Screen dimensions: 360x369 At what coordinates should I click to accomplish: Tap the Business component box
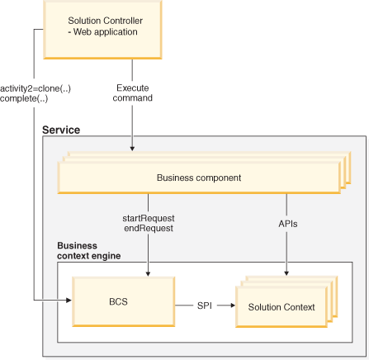tap(197, 178)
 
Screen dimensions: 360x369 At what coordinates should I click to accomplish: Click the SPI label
tap(203, 306)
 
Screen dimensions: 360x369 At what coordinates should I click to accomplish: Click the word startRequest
tap(149, 217)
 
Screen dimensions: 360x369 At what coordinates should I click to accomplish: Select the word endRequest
tap(149, 228)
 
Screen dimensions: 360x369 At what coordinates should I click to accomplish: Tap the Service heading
tap(62, 130)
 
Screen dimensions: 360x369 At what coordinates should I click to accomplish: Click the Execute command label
tap(132, 92)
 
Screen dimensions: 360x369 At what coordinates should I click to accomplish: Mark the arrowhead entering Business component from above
tap(132, 149)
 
